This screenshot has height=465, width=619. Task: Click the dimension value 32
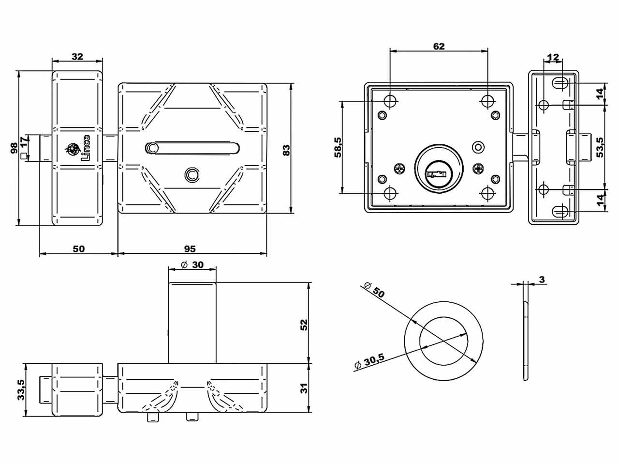tap(77, 56)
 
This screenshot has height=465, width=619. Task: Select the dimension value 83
tap(286, 150)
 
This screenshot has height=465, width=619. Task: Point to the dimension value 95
tap(190, 248)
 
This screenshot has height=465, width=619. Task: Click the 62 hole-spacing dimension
tap(438, 46)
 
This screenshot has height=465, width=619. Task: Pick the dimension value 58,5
tap(338, 147)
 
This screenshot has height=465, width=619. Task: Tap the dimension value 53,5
tap(600, 147)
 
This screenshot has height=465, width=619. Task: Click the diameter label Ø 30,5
tap(369, 361)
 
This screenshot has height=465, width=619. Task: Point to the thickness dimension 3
tap(542, 279)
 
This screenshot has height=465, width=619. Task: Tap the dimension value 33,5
tap(21, 389)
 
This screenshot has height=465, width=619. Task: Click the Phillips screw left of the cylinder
tap(400, 169)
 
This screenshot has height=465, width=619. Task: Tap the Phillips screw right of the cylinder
tap(479, 169)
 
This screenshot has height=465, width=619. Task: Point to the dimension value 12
tap(552, 58)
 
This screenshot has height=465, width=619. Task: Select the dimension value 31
tap(303, 388)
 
